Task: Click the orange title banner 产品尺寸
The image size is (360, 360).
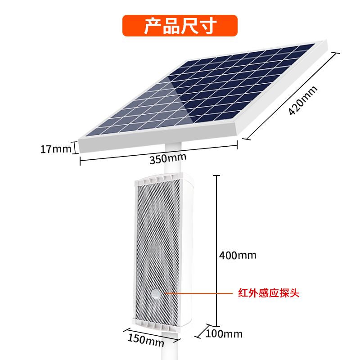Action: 180,26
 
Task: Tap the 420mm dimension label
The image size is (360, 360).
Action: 303,100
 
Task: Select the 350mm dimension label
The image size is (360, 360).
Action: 168,158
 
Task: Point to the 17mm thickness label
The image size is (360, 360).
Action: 55,148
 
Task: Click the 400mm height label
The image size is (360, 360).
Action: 238,256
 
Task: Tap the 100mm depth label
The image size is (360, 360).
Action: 224,334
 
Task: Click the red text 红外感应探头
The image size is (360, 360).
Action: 269,294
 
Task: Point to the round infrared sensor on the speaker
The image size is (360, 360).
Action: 156,294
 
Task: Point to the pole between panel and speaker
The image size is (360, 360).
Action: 173,157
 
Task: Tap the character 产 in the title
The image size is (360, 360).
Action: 152,26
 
